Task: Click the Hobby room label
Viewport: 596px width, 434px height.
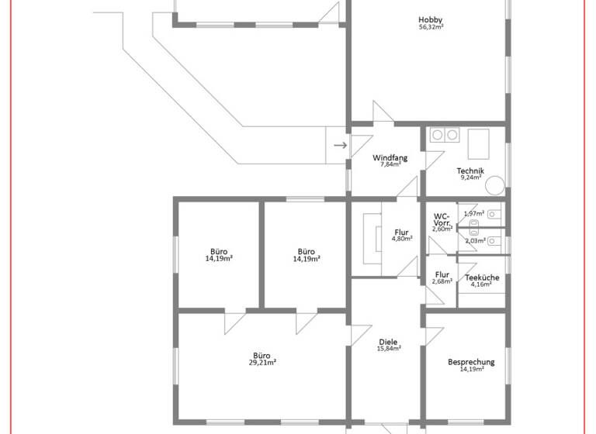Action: pos(431,20)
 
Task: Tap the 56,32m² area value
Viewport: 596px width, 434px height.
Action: pos(431,28)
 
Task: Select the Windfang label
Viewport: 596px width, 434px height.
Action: pos(390,157)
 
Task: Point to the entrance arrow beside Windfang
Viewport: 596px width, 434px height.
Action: pos(340,145)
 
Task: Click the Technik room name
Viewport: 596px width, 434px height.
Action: pos(470,170)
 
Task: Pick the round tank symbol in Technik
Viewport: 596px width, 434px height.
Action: pos(495,184)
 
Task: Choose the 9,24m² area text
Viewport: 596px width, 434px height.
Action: pos(470,177)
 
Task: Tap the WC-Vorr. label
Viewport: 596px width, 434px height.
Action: pos(442,219)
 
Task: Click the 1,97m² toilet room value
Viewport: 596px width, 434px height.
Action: pos(474,213)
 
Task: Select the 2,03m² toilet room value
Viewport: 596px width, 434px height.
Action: pos(475,241)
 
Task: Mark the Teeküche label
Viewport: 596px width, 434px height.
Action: pos(482,277)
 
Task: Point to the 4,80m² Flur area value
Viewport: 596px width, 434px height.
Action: pos(401,239)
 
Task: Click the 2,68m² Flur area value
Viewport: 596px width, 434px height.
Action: pos(442,281)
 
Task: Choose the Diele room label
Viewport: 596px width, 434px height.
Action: pos(388,342)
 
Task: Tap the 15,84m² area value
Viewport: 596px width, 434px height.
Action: pos(388,349)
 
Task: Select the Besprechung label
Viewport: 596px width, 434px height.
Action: pos(471,362)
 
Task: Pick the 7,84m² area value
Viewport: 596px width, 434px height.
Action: pos(390,164)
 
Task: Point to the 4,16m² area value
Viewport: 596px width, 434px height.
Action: pos(482,284)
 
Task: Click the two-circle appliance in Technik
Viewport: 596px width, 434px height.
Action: pos(445,135)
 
